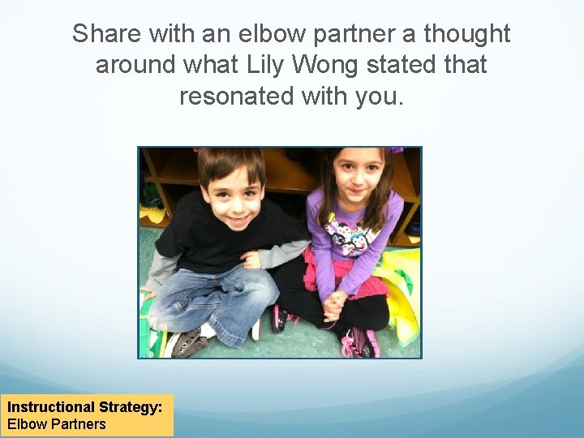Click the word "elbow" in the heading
coord(262,34)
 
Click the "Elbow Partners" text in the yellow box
coord(57,423)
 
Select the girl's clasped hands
coord(334,305)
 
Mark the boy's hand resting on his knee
coord(251,260)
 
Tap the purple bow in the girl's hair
coord(395,150)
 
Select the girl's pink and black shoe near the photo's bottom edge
coord(359,344)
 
